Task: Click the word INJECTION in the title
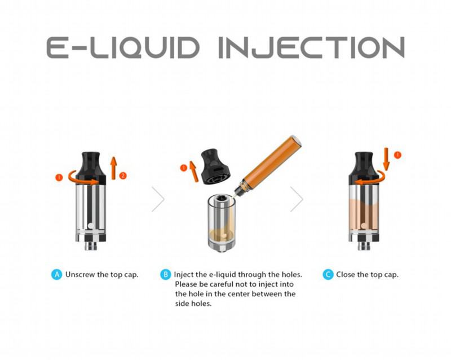tap(312, 47)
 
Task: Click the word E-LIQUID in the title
tap(123, 47)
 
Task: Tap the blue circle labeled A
tap(57, 274)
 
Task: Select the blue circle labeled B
tap(165, 274)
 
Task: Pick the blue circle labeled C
tap(328, 274)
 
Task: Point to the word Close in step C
tap(346, 274)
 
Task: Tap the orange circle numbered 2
tap(123, 175)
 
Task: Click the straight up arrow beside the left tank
tap(114, 168)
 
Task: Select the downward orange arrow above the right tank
tap(386, 159)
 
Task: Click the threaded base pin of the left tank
tap(91, 245)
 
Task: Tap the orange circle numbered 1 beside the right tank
tap(397, 155)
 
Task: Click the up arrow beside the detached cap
tap(193, 172)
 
